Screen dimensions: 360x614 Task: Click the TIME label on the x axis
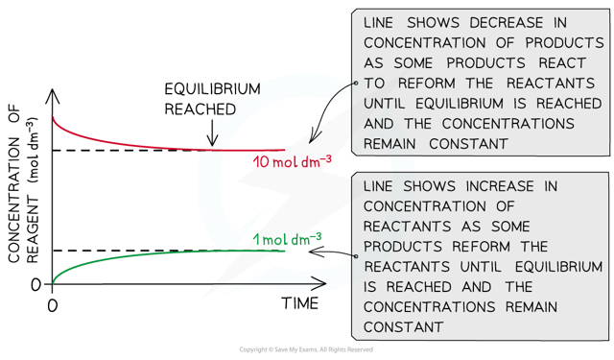[307, 305]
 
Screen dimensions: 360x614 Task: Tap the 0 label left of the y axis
[35, 284]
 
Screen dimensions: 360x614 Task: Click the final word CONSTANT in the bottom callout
[399, 326]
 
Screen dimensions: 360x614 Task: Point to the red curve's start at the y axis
[54, 119]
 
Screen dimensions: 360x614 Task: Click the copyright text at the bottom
[306, 350]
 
